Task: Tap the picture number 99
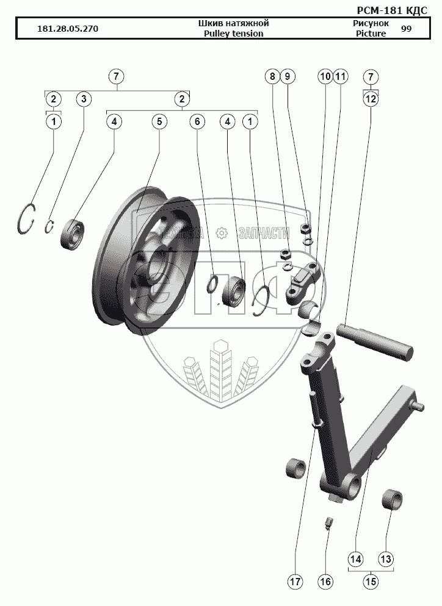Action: (406, 29)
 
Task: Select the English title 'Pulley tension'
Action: (234, 34)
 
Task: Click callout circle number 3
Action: (84, 99)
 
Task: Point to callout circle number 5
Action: (159, 122)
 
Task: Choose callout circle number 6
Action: (197, 122)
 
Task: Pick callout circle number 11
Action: (341, 77)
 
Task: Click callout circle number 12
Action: (371, 99)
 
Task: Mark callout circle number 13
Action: (386, 559)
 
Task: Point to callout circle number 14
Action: (356, 559)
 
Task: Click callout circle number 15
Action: (371, 582)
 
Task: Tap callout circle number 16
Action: (325, 582)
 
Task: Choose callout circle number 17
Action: (295, 582)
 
